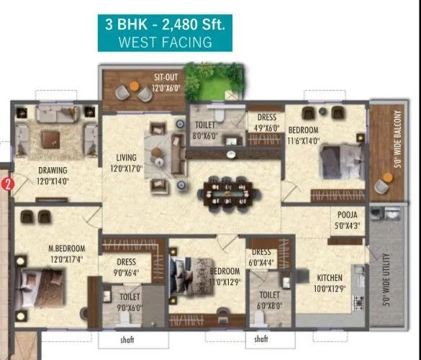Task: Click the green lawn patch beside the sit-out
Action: pos(212,83)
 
